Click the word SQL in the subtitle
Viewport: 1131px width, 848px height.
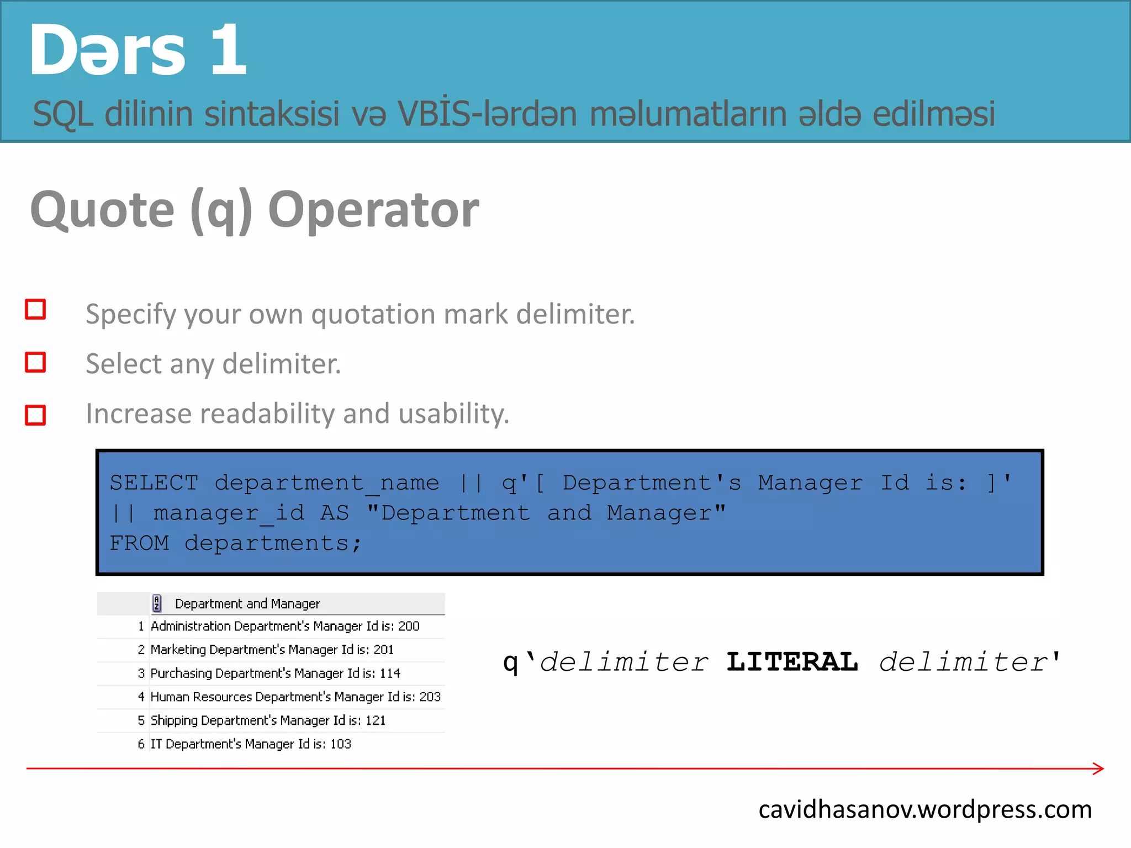coord(62,114)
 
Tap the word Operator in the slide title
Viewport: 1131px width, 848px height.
coord(373,210)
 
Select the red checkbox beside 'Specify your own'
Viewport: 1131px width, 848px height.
coord(35,310)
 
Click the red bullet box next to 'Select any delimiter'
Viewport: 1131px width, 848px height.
coord(35,363)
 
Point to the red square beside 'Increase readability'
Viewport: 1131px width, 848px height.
coord(35,415)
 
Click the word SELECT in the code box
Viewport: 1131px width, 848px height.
coord(154,483)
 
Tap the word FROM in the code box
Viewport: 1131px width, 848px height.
coord(139,543)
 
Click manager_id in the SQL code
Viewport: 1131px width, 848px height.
coord(229,513)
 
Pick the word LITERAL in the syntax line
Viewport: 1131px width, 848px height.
coord(792,662)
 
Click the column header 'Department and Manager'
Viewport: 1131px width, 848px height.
coord(247,604)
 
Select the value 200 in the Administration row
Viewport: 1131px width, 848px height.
coord(409,627)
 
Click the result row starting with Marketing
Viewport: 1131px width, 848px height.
coord(272,650)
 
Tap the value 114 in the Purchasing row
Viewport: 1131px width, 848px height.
coord(390,674)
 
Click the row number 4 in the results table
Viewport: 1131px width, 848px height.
coord(141,697)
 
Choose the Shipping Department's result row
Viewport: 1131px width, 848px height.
coord(268,720)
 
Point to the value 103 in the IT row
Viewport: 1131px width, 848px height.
coord(340,744)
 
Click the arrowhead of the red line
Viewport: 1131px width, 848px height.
coord(1099,768)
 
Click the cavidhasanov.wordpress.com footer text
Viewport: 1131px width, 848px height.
coord(925,810)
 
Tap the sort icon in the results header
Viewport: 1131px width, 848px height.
coord(157,603)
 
